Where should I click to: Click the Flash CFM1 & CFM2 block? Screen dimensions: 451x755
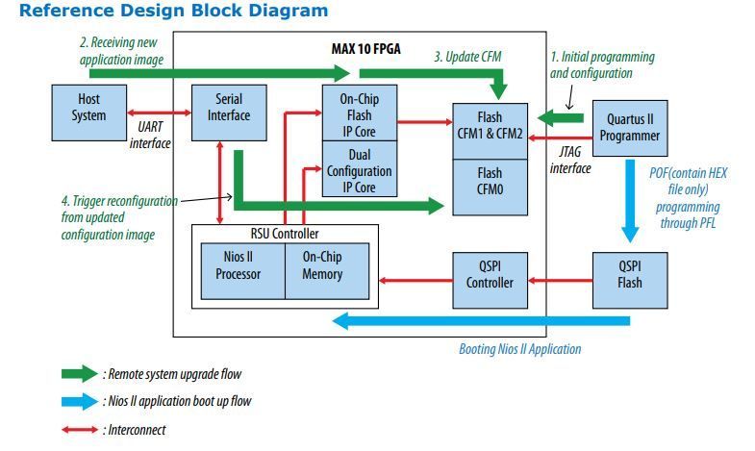tap(489, 126)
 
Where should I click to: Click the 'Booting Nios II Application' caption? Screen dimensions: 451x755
tap(519, 348)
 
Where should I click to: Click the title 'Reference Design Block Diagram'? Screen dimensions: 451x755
tap(173, 12)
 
